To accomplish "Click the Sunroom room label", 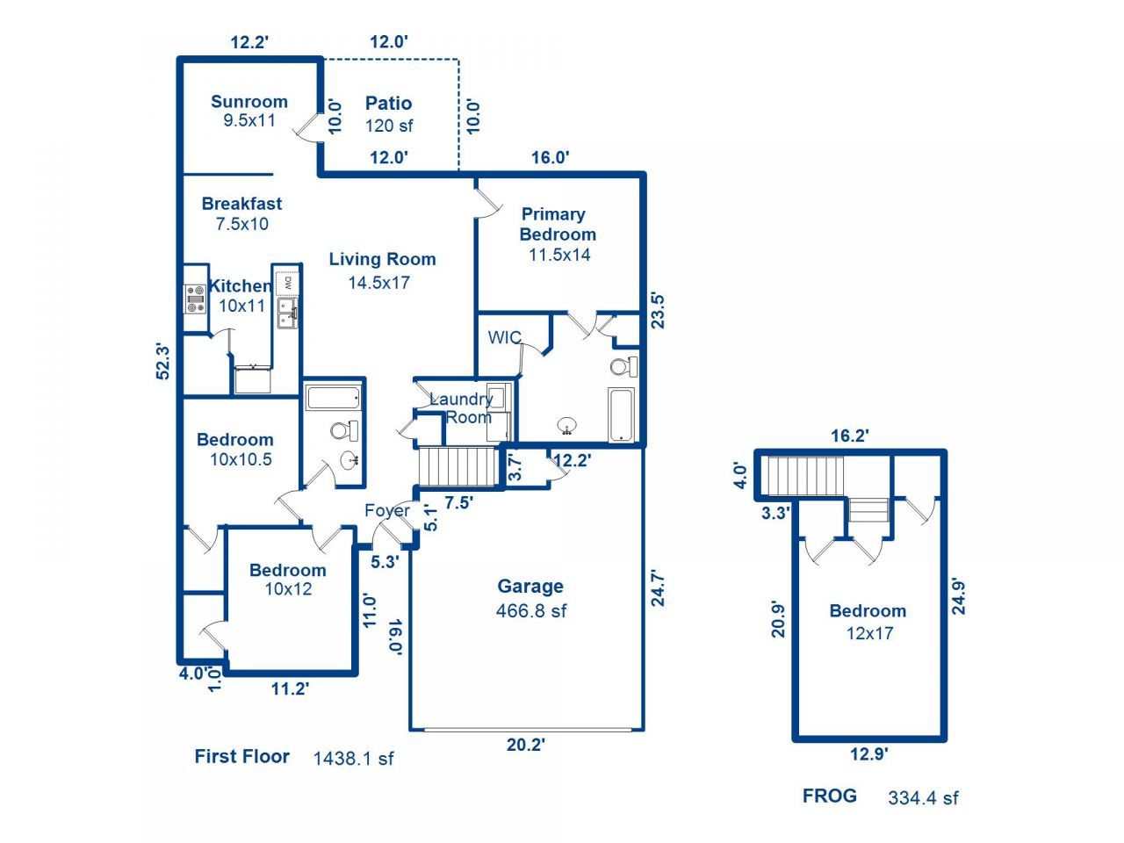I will tap(249, 111).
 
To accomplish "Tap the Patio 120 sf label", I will tap(388, 114).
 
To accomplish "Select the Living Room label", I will tap(381, 270).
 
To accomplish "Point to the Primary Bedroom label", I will tap(557, 234).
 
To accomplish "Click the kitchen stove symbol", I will tap(195, 299).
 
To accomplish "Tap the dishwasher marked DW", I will tap(287, 284).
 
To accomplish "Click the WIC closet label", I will tap(504, 338).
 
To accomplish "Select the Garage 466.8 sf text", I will tap(530, 598).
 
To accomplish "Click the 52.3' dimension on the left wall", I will tap(162, 361).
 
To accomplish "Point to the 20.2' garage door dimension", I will tap(526, 745).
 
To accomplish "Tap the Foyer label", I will tap(387, 510).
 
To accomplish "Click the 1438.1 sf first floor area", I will tap(353, 758).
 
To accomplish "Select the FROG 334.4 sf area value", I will tap(923, 797).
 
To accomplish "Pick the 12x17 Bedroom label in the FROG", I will tap(868, 622).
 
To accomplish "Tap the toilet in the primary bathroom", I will tap(624, 365).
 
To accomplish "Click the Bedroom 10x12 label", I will tap(288, 580).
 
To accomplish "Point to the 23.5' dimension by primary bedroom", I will tap(657, 309).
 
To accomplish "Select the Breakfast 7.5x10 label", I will tap(241, 213).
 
